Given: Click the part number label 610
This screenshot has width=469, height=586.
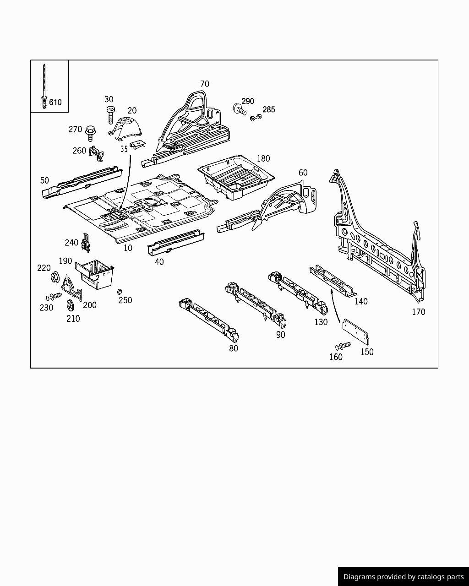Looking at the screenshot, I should point(55,102).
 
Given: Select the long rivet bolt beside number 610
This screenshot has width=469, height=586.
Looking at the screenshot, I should point(44,87).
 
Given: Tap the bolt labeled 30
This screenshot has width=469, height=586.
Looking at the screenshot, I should point(110,114).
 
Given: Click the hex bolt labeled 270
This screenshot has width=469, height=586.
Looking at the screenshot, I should point(90,133).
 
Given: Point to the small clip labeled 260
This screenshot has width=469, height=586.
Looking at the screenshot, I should point(96,153).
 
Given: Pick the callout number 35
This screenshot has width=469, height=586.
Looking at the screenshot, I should point(124,149).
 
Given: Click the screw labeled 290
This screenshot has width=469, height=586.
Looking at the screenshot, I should point(240,109).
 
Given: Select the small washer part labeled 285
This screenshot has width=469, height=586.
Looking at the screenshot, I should point(256,118).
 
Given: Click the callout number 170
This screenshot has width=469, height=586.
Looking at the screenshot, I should point(418,312).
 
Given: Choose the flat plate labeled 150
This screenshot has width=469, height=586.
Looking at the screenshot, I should point(356,331).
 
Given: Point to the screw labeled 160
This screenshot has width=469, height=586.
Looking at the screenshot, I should point(343,346).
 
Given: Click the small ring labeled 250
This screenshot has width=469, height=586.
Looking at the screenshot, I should point(120,292).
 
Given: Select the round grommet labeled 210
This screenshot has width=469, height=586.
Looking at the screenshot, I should point(71,305).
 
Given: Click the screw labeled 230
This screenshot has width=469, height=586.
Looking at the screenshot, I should point(54,297).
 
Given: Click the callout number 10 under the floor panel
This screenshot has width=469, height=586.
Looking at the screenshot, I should point(128,248).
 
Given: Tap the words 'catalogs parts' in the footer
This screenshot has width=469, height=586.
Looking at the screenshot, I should point(440,577).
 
